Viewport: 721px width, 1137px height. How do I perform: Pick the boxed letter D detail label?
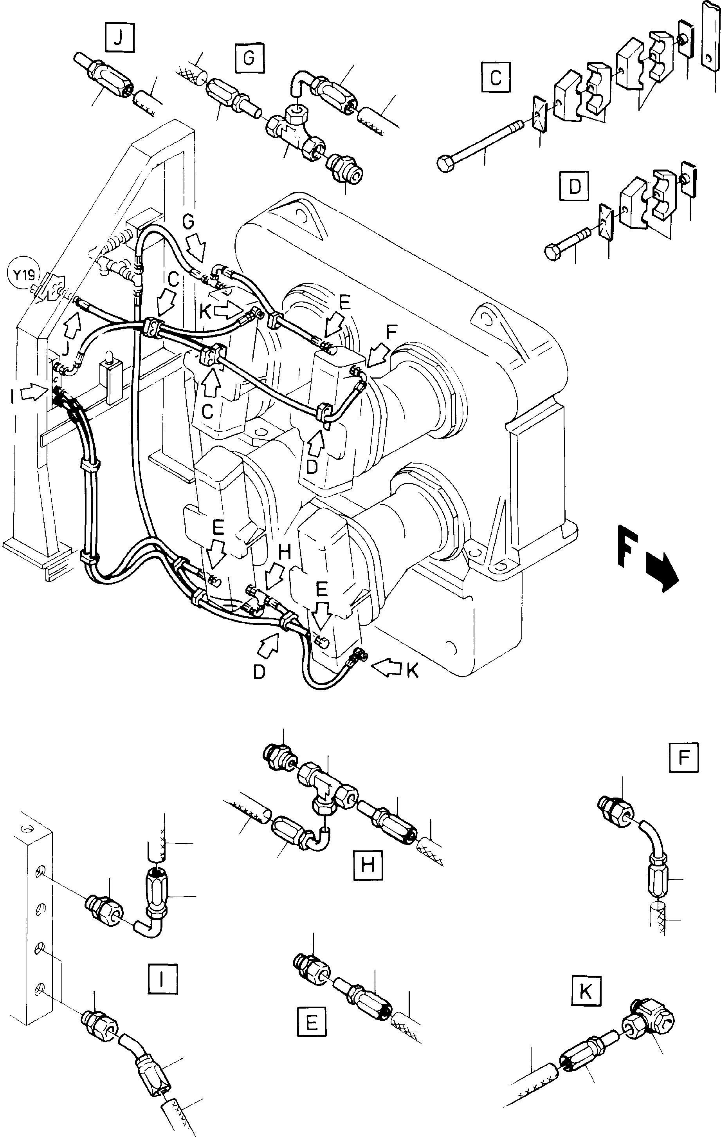[575, 186]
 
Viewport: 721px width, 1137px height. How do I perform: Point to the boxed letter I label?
[162, 979]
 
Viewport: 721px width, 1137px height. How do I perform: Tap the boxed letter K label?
[586, 990]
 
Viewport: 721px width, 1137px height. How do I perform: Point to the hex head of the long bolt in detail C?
[446, 164]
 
